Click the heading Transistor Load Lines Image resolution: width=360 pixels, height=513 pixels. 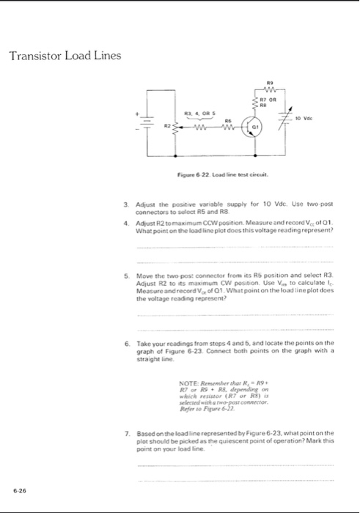tap(65, 57)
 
